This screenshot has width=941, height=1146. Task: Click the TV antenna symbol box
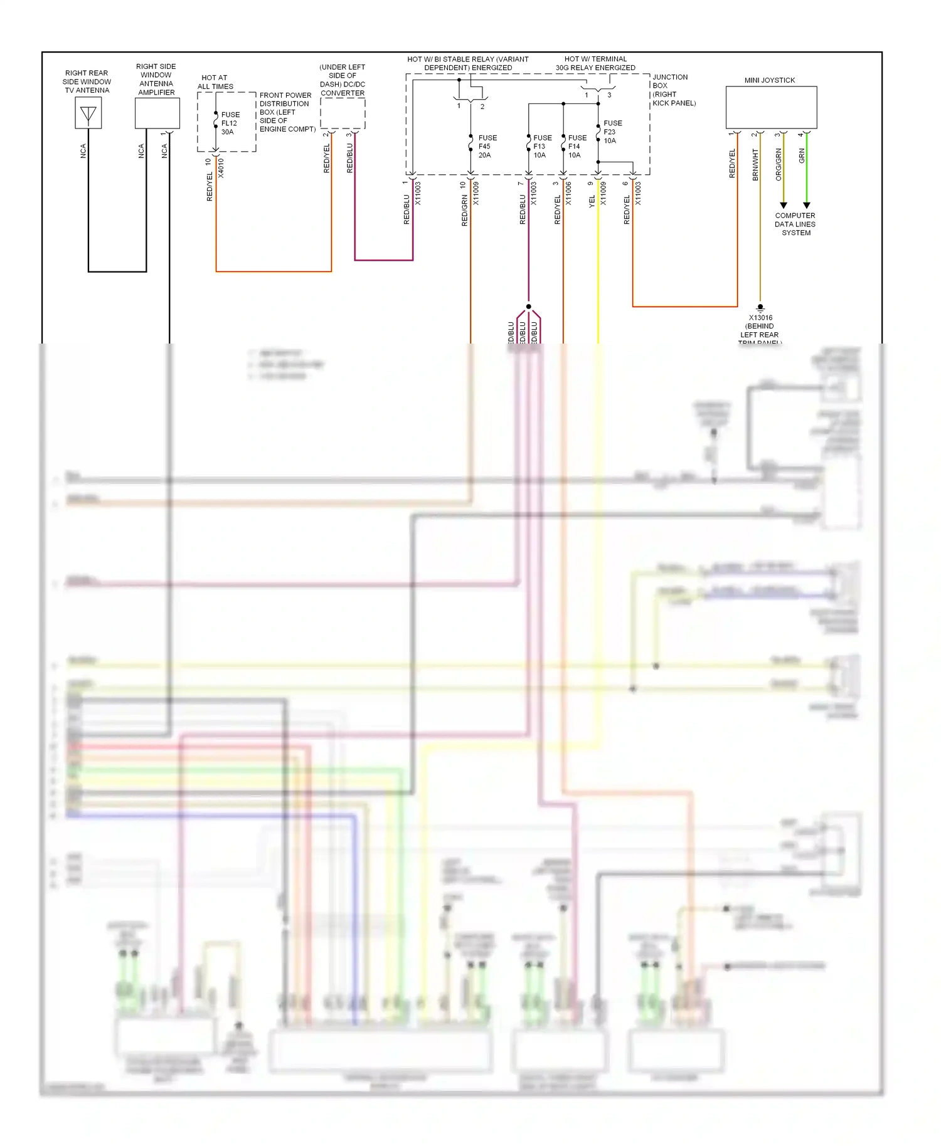(x=88, y=113)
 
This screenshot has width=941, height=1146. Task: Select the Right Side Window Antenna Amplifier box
(x=157, y=113)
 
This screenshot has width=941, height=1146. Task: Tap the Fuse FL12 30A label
(x=230, y=124)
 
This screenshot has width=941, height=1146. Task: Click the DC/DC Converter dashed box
(x=343, y=113)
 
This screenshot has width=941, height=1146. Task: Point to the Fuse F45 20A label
(x=487, y=146)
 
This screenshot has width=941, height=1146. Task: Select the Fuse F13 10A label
(x=541, y=146)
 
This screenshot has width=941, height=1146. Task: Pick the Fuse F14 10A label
(x=577, y=146)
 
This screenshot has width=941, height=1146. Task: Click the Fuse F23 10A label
(x=612, y=132)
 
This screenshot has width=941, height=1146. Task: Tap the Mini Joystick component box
(x=771, y=107)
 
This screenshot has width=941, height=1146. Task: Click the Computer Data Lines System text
(x=795, y=224)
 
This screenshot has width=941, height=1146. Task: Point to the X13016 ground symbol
(x=760, y=308)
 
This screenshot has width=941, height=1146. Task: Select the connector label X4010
(x=221, y=169)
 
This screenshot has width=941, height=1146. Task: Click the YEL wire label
(x=592, y=201)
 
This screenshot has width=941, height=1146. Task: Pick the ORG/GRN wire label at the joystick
(x=779, y=164)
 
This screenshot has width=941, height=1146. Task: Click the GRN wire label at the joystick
(x=802, y=156)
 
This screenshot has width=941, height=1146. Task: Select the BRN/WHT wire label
(x=755, y=164)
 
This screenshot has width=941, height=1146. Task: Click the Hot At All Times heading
(x=215, y=82)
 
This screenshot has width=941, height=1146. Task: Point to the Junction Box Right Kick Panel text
(x=673, y=90)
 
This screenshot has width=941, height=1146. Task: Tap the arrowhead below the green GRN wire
(x=807, y=206)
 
